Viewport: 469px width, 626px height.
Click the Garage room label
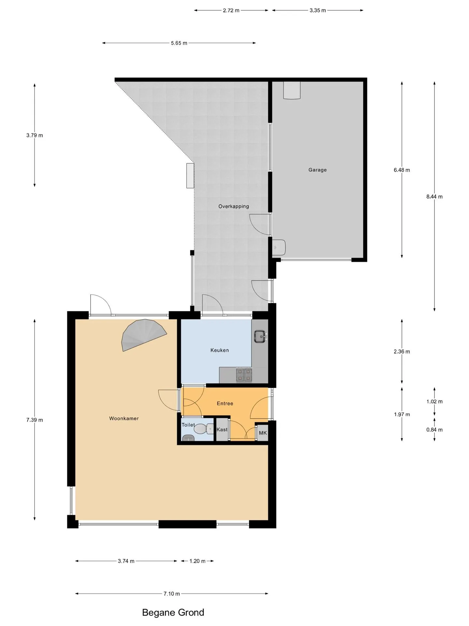pos(318,170)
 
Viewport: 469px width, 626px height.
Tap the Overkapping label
pos(234,206)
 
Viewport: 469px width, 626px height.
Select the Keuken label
pos(220,350)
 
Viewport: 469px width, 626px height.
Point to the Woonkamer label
pos(124,418)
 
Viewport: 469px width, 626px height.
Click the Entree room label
pos(225,403)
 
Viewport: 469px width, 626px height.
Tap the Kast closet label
pos(222,429)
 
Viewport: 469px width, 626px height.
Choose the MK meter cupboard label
pos(263,433)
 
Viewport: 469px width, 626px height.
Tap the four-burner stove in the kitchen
pos(244,375)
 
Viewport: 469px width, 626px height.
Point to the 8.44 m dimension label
pos(434,197)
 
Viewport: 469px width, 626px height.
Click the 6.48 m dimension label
pos(402,170)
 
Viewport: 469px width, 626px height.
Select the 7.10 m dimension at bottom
pos(172,594)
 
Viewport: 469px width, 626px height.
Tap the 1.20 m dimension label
pos(197,561)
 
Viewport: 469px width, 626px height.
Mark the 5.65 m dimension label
pos(179,43)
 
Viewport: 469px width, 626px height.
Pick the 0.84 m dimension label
pos(434,430)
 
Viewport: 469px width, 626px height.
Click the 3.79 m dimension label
pos(35,135)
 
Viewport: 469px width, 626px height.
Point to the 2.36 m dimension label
pos(402,351)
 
